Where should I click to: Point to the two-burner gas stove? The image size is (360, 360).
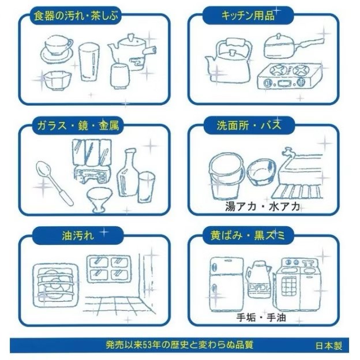click(x=287, y=77)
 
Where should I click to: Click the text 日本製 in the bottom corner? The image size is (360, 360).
click(x=328, y=346)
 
